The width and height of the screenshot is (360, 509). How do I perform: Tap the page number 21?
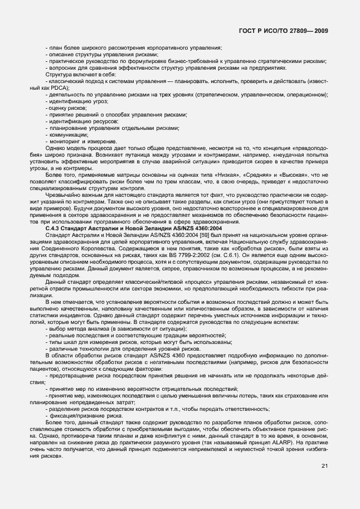coord(324,466)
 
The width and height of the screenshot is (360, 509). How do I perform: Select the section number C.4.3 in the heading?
coord(56,227)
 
